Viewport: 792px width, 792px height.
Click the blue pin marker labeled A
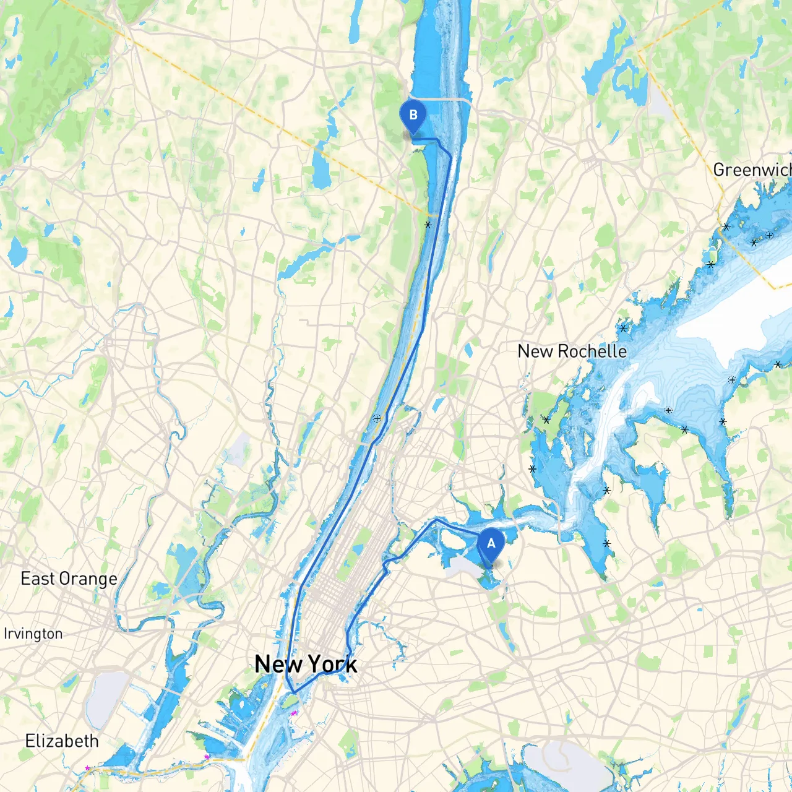pos(491,544)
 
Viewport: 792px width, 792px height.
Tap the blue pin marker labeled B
pos(413,116)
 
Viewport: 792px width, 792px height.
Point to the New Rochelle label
pos(572,351)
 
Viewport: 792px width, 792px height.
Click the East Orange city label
pos(69,579)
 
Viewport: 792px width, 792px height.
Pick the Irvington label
pos(33,634)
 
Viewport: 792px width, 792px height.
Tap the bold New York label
pos(306,665)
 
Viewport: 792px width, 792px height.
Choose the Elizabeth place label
pos(62,741)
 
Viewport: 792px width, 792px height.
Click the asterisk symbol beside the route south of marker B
pos(428,225)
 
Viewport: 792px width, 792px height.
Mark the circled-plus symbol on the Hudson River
pos(377,419)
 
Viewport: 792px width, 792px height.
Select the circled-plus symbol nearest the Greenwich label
pos(769,235)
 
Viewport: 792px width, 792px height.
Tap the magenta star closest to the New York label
pos(294,713)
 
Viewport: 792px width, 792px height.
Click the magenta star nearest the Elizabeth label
pos(87,768)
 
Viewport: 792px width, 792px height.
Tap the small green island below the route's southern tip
pos(290,701)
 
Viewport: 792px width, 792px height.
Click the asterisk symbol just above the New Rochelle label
pos(623,328)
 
